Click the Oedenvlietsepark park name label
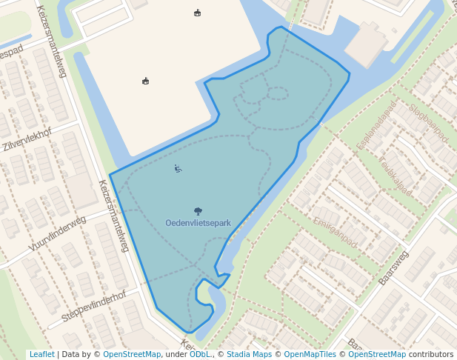[x=198, y=223]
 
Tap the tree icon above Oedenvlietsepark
[x=198, y=211]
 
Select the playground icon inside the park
[x=178, y=169]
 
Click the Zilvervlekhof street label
[x=27, y=138]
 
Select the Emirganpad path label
[x=335, y=232]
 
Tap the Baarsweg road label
[x=393, y=267]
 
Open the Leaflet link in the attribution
[x=41, y=354]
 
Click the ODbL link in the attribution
[x=200, y=354]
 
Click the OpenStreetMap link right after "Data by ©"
[x=132, y=354]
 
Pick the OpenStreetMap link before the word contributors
[x=377, y=354]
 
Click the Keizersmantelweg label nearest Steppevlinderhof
[x=115, y=215]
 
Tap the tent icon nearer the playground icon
[x=145, y=81]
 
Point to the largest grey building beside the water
[x=368, y=43]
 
